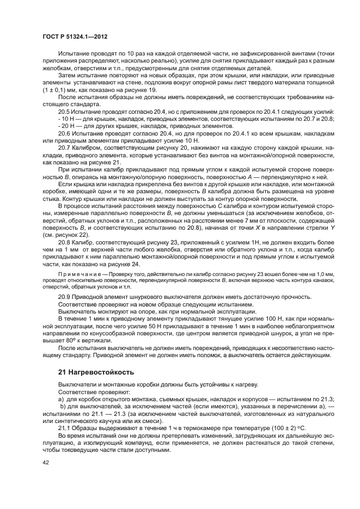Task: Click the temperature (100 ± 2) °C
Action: (289, 427)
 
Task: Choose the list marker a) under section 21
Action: (61, 399)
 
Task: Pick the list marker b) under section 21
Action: (62, 406)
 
